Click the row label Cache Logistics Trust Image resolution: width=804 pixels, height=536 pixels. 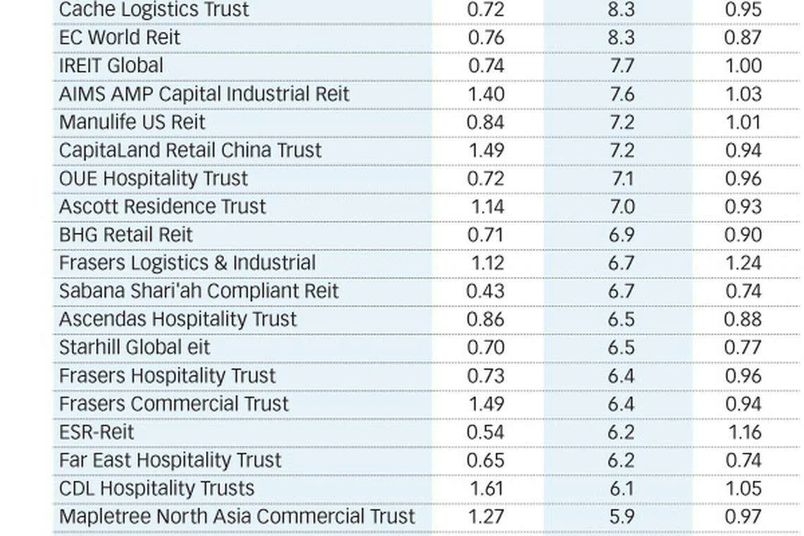(x=154, y=10)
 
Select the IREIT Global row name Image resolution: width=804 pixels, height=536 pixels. (x=111, y=66)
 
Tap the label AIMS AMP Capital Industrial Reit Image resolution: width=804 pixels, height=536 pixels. (x=204, y=94)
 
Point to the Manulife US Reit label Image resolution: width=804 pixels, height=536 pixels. (x=132, y=122)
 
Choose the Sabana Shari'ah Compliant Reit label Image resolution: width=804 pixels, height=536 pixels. (x=198, y=291)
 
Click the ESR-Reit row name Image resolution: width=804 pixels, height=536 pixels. (x=96, y=432)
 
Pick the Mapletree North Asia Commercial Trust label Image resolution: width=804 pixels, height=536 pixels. (x=237, y=516)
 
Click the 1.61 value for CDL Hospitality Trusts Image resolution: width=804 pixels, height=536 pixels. (x=485, y=488)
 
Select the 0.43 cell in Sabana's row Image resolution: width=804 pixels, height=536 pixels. (x=485, y=291)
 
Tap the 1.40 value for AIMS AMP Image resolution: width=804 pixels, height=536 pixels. (x=485, y=94)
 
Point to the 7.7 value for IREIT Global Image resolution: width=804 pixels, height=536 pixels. (x=621, y=66)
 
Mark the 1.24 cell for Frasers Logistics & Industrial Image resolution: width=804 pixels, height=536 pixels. (x=743, y=263)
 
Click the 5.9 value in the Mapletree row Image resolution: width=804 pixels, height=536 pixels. (x=621, y=516)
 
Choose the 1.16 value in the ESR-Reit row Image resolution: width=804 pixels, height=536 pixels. (x=744, y=432)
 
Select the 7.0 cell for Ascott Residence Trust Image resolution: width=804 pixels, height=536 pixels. (x=621, y=207)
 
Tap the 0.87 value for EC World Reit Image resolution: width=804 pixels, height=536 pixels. (x=743, y=37)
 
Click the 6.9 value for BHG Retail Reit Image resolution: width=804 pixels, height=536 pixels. (x=621, y=235)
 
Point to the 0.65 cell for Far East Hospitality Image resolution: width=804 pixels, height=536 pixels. (x=485, y=460)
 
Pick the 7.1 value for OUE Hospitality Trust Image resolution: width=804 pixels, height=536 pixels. (x=621, y=178)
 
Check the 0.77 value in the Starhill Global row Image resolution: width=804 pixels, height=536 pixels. (x=743, y=348)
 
